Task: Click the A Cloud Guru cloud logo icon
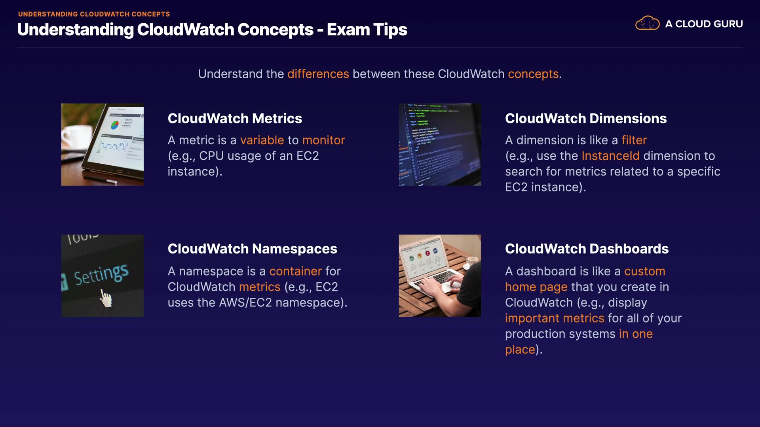(647, 23)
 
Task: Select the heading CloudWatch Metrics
(235, 119)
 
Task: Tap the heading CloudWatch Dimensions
(586, 119)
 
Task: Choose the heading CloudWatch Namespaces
(253, 249)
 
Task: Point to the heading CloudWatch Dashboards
(587, 249)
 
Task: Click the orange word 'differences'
(318, 74)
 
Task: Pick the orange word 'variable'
(262, 140)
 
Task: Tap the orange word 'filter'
(634, 140)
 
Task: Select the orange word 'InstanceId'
(610, 156)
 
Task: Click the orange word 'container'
(295, 271)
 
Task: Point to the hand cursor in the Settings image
(106, 298)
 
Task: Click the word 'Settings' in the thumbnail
(101, 274)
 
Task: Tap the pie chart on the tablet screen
(114, 125)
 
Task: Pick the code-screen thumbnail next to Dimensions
(440, 145)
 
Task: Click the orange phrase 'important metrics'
(555, 318)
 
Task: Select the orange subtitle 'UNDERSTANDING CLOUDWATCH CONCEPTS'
(94, 14)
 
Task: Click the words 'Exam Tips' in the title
(367, 30)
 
